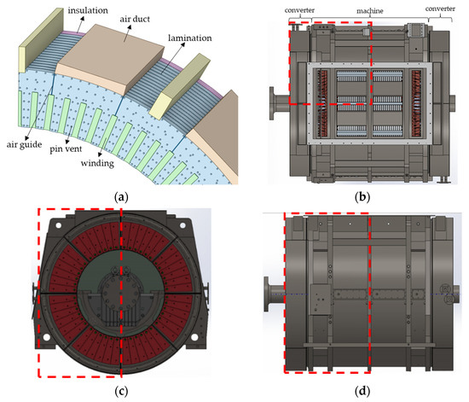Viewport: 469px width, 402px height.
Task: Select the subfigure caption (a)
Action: (120, 195)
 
